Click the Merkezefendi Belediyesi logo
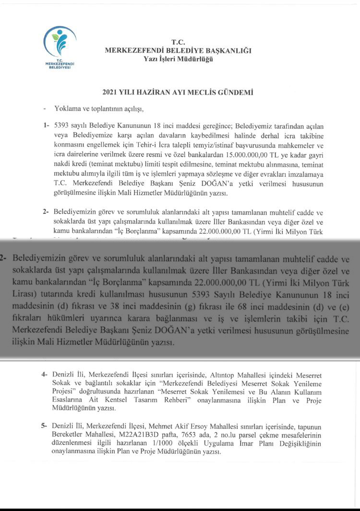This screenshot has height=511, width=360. [60, 48]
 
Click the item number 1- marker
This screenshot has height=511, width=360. [46, 125]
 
